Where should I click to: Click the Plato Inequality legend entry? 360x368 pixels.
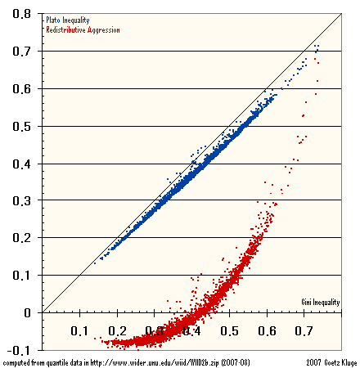69,19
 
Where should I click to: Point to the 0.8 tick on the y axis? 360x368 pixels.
22,14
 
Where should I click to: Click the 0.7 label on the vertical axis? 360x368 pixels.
22,52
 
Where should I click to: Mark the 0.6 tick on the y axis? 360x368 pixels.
22,88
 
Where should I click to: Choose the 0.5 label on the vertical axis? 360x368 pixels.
22,126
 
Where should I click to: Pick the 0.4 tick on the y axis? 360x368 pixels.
22,163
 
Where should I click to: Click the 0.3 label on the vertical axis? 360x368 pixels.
22,200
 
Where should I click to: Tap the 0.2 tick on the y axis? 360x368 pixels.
22,237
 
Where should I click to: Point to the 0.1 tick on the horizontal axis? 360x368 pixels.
79,331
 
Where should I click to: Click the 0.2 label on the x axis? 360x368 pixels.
117,331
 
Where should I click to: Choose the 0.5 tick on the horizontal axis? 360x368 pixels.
230,331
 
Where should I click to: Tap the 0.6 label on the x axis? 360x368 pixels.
268,331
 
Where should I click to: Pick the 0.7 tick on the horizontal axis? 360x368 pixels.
305,331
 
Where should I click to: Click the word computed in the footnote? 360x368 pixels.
17,361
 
